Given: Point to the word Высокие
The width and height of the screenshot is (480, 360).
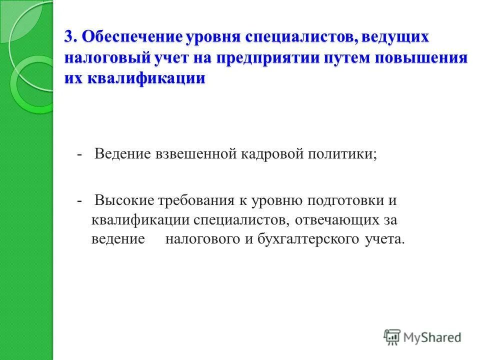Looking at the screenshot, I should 124,200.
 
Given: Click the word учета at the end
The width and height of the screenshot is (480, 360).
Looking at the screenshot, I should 383,239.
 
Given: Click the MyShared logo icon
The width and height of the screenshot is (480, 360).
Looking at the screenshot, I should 392,337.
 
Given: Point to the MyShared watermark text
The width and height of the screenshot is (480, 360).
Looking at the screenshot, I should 433,338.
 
